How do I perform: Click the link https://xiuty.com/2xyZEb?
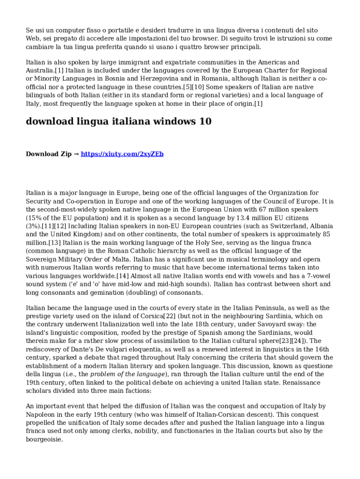click(122, 154)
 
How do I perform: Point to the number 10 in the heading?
click(205, 122)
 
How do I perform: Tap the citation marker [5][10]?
click(193, 87)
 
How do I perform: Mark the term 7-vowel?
click(318, 276)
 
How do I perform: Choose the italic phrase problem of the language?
click(128, 374)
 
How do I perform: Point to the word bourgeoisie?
click(45, 440)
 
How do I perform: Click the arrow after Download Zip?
click(77, 154)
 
